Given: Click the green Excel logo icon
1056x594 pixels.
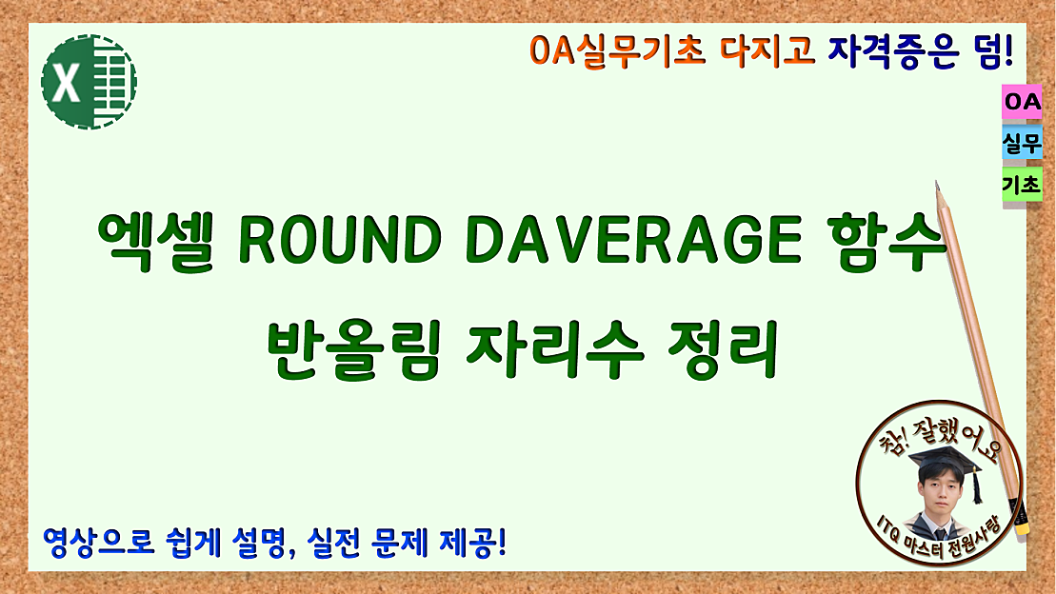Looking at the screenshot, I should point(89,82).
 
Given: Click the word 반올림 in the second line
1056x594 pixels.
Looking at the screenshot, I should point(351,348).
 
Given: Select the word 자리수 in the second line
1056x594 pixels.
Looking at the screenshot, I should point(553,348).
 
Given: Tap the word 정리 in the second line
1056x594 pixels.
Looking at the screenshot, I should point(737,348).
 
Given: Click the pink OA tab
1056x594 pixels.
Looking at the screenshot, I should point(1022,101).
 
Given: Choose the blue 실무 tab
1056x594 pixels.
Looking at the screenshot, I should point(1022,144).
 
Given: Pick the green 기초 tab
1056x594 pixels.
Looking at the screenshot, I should point(1022,187).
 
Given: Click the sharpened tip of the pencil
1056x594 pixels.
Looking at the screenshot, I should point(938,186).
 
